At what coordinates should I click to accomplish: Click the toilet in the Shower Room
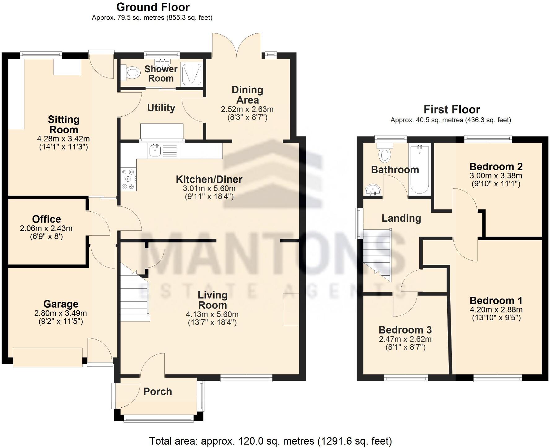(x=131, y=73)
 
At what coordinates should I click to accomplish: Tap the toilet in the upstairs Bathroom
(x=385, y=153)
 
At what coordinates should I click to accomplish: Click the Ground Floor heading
(x=153, y=7)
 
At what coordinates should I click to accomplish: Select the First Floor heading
(x=452, y=109)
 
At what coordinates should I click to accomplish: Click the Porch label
(x=158, y=392)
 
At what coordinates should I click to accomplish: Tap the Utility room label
(x=161, y=108)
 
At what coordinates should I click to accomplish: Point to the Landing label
(x=401, y=218)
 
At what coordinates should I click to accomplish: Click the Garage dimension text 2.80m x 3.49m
(x=60, y=313)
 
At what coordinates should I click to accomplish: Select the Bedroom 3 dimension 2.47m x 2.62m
(x=405, y=339)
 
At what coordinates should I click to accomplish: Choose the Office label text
(x=46, y=219)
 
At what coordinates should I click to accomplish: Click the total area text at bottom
(x=270, y=441)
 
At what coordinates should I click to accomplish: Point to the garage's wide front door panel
(x=48, y=357)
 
